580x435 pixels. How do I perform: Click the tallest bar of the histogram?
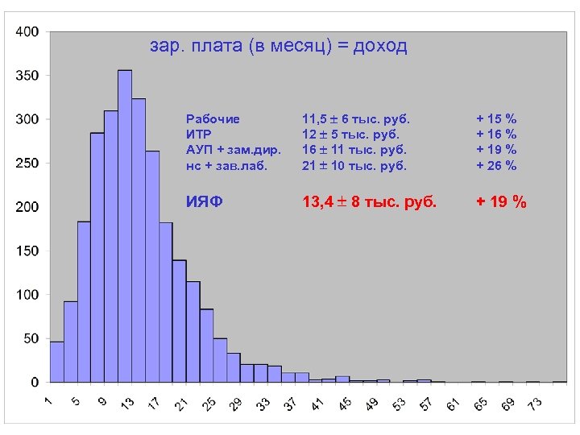pyautogui.click(x=124, y=226)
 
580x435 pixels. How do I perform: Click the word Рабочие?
pyautogui.click(x=213, y=118)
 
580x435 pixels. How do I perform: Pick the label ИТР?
pyautogui.click(x=198, y=134)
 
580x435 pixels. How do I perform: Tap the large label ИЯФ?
pyautogui.click(x=205, y=202)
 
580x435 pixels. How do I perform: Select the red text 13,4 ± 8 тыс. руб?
pyautogui.click(x=369, y=202)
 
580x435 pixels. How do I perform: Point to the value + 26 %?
pyautogui.click(x=496, y=166)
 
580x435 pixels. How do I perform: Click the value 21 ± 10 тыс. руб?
pyautogui.click(x=354, y=166)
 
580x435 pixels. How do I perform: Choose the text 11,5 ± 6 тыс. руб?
pyautogui.click(x=356, y=118)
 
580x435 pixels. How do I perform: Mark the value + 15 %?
pyautogui.click(x=496, y=118)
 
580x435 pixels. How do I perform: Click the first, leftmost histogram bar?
pyautogui.click(x=56, y=362)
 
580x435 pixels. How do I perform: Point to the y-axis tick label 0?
pyautogui.click(x=33, y=381)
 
